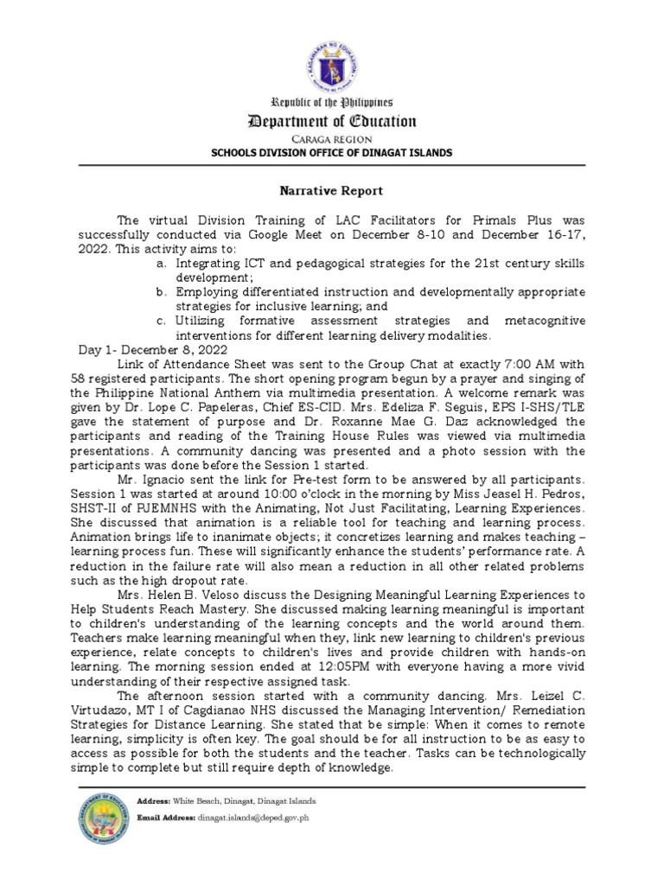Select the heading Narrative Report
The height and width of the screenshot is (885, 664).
(x=332, y=190)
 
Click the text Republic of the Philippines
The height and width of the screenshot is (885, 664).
(x=332, y=102)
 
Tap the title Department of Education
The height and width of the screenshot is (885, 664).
(x=332, y=122)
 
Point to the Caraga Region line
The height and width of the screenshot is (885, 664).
(x=332, y=138)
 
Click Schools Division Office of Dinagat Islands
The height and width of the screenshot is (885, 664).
(x=332, y=153)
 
